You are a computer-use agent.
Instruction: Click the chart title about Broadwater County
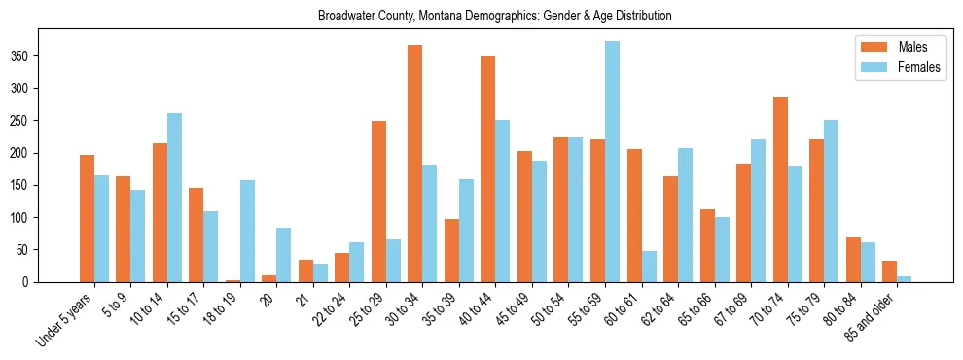coord(494,16)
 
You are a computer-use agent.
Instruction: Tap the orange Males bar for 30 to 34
coord(415,163)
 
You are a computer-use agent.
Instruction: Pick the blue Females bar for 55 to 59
coord(612,162)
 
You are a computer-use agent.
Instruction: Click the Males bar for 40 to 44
coord(488,169)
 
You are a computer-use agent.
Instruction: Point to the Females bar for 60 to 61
coord(649,267)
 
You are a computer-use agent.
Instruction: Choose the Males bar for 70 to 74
coord(780,190)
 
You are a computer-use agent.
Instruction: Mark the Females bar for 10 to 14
coord(174,198)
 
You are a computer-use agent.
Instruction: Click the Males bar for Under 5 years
coord(87,218)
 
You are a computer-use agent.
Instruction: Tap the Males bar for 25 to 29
coord(378,201)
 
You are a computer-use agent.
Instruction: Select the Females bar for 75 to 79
coord(831,200)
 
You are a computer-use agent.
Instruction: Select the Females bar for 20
coord(284,255)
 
